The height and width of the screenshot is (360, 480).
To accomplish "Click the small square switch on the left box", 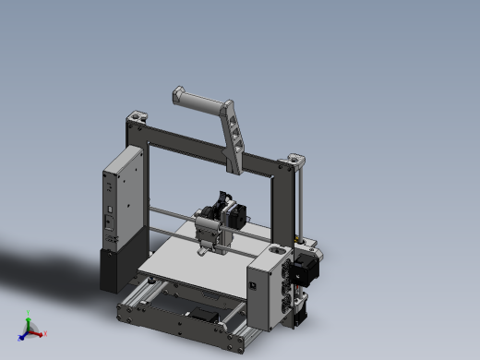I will coord(111,222).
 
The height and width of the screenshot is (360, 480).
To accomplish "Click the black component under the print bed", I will coord(201,315).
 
